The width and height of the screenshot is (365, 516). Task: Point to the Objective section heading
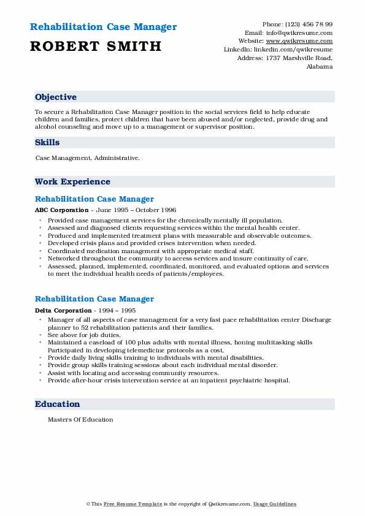[56, 97]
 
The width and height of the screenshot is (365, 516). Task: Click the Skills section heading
[47, 142]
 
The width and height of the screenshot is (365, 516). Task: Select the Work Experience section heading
[72, 181]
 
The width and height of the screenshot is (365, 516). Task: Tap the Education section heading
[57, 404]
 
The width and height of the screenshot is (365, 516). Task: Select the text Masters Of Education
[80, 420]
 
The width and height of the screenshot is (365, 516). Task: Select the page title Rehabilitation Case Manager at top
[103, 27]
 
